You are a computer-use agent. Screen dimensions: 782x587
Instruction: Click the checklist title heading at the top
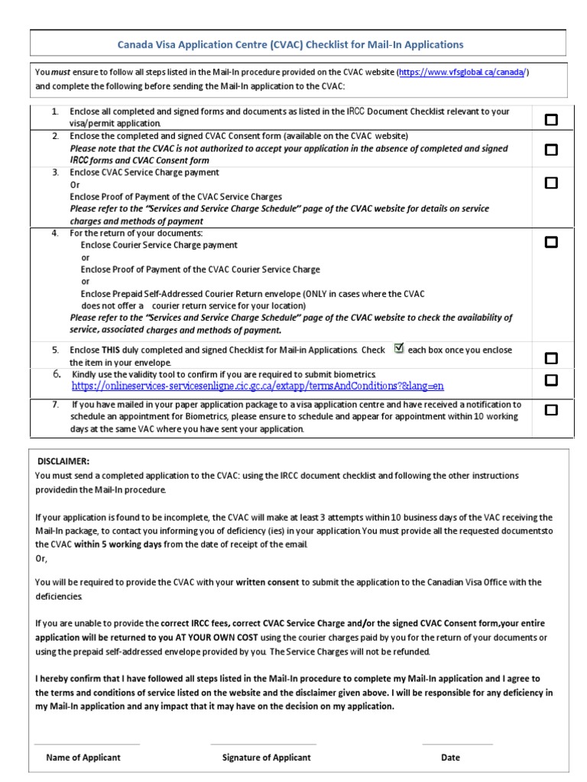[x=290, y=44]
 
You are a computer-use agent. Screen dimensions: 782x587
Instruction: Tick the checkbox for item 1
[x=550, y=119]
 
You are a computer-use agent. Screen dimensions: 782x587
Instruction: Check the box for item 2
[x=550, y=150]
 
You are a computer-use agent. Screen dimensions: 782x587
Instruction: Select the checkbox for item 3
[x=550, y=183]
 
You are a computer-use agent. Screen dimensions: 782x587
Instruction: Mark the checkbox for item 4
[x=550, y=242]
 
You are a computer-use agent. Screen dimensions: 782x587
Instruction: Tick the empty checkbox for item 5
[x=550, y=358]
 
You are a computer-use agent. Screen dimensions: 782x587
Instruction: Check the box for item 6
[x=550, y=380]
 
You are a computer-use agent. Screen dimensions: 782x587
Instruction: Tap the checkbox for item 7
[x=550, y=410]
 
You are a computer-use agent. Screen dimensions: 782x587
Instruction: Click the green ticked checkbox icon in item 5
[x=398, y=348]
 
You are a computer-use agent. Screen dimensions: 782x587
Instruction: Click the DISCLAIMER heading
[x=63, y=461]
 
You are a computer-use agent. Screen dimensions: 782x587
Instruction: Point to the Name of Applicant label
[x=83, y=758]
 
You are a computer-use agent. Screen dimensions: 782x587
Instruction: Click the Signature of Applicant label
[x=266, y=758]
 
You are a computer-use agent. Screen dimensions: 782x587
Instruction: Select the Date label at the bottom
[x=450, y=758]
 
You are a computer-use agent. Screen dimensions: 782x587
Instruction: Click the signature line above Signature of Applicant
[x=263, y=744]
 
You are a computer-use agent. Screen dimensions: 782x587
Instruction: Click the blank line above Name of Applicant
[x=87, y=744]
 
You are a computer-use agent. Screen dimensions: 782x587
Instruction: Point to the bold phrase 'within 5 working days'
[x=118, y=544]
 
